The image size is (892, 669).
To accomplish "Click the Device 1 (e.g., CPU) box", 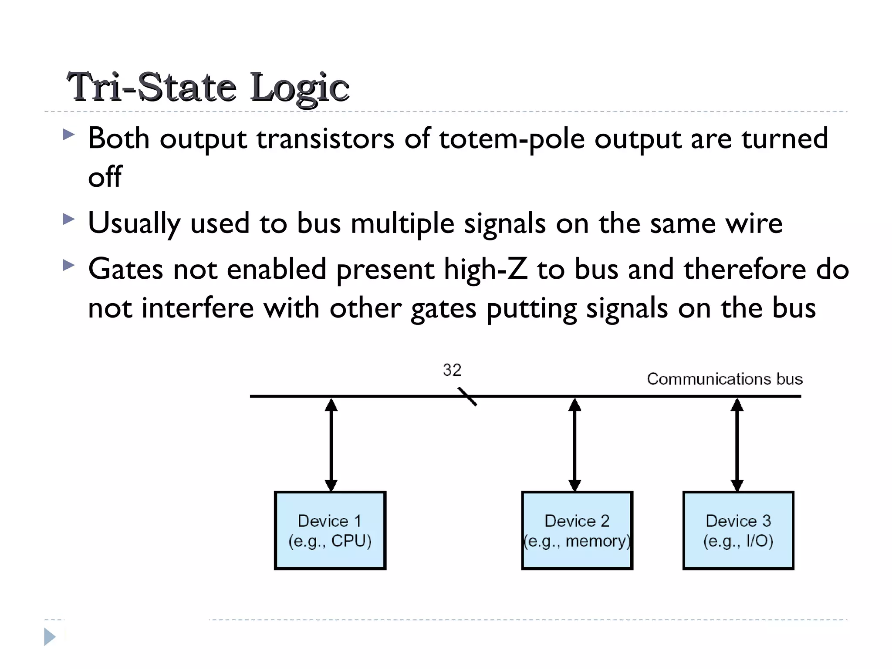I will pos(330,530).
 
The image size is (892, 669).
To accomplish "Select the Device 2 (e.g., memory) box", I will pos(577,530).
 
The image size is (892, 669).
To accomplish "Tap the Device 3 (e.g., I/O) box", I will pos(738,530).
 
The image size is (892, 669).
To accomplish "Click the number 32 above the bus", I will pos(452,370).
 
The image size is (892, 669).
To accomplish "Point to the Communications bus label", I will pos(724,379).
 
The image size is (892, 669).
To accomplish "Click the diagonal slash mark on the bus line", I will pos(467,396).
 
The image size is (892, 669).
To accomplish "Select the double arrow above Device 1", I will pos(331,444).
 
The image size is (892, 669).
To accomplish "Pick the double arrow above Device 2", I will pos(574,444).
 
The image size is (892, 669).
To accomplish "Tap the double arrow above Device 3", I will pos(737,444).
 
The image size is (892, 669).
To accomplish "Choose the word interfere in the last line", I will pos(198,308).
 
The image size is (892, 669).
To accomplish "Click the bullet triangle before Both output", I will pos(68,135).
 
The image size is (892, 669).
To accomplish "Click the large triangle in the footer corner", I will pos(50,637).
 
